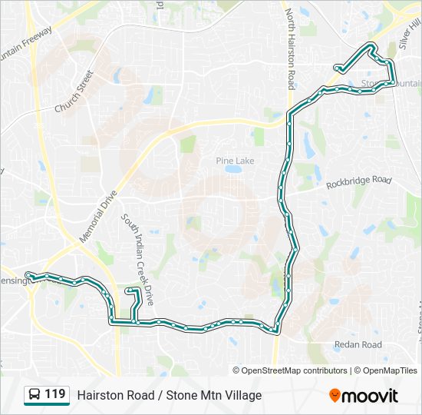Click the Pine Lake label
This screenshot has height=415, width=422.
pos(235,161)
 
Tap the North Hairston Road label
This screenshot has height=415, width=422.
pos(290,48)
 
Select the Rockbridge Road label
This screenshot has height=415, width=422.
pos(358,181)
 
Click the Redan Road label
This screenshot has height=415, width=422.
pos(358,345)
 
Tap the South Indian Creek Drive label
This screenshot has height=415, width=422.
pos(138,250)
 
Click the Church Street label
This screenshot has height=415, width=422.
pos(74,92)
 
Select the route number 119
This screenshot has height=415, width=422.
pos(54,394)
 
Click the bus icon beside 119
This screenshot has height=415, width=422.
pos(35,395)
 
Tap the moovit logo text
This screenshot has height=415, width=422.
pos(371,396)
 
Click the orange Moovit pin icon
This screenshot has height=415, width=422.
pos(335,395)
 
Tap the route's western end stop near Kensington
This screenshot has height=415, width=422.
pos(28,274)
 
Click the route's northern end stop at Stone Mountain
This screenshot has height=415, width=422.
pos(338,68)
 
